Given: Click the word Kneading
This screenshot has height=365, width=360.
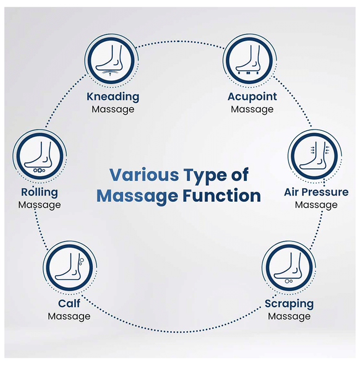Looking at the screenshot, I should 113,96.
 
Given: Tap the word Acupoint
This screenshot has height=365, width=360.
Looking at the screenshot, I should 252,97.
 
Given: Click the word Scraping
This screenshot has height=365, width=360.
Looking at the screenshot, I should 289,303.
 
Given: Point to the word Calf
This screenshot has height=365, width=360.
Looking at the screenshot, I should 69,303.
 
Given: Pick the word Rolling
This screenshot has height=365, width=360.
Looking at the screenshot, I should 39,192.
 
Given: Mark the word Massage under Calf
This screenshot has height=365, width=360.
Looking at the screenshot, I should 69,316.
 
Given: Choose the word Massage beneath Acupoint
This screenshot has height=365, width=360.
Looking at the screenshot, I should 252,110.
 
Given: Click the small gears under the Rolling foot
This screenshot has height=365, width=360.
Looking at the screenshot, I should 39,170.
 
